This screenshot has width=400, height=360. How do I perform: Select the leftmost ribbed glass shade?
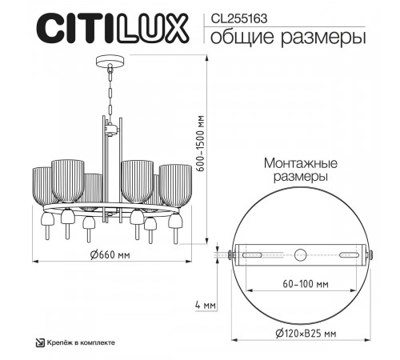coord(43,186)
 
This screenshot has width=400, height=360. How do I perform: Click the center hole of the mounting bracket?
coord(300,255)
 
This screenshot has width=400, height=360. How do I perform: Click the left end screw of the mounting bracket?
coord(230,255)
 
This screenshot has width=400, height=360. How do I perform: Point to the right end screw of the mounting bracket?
coord(370,255)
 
